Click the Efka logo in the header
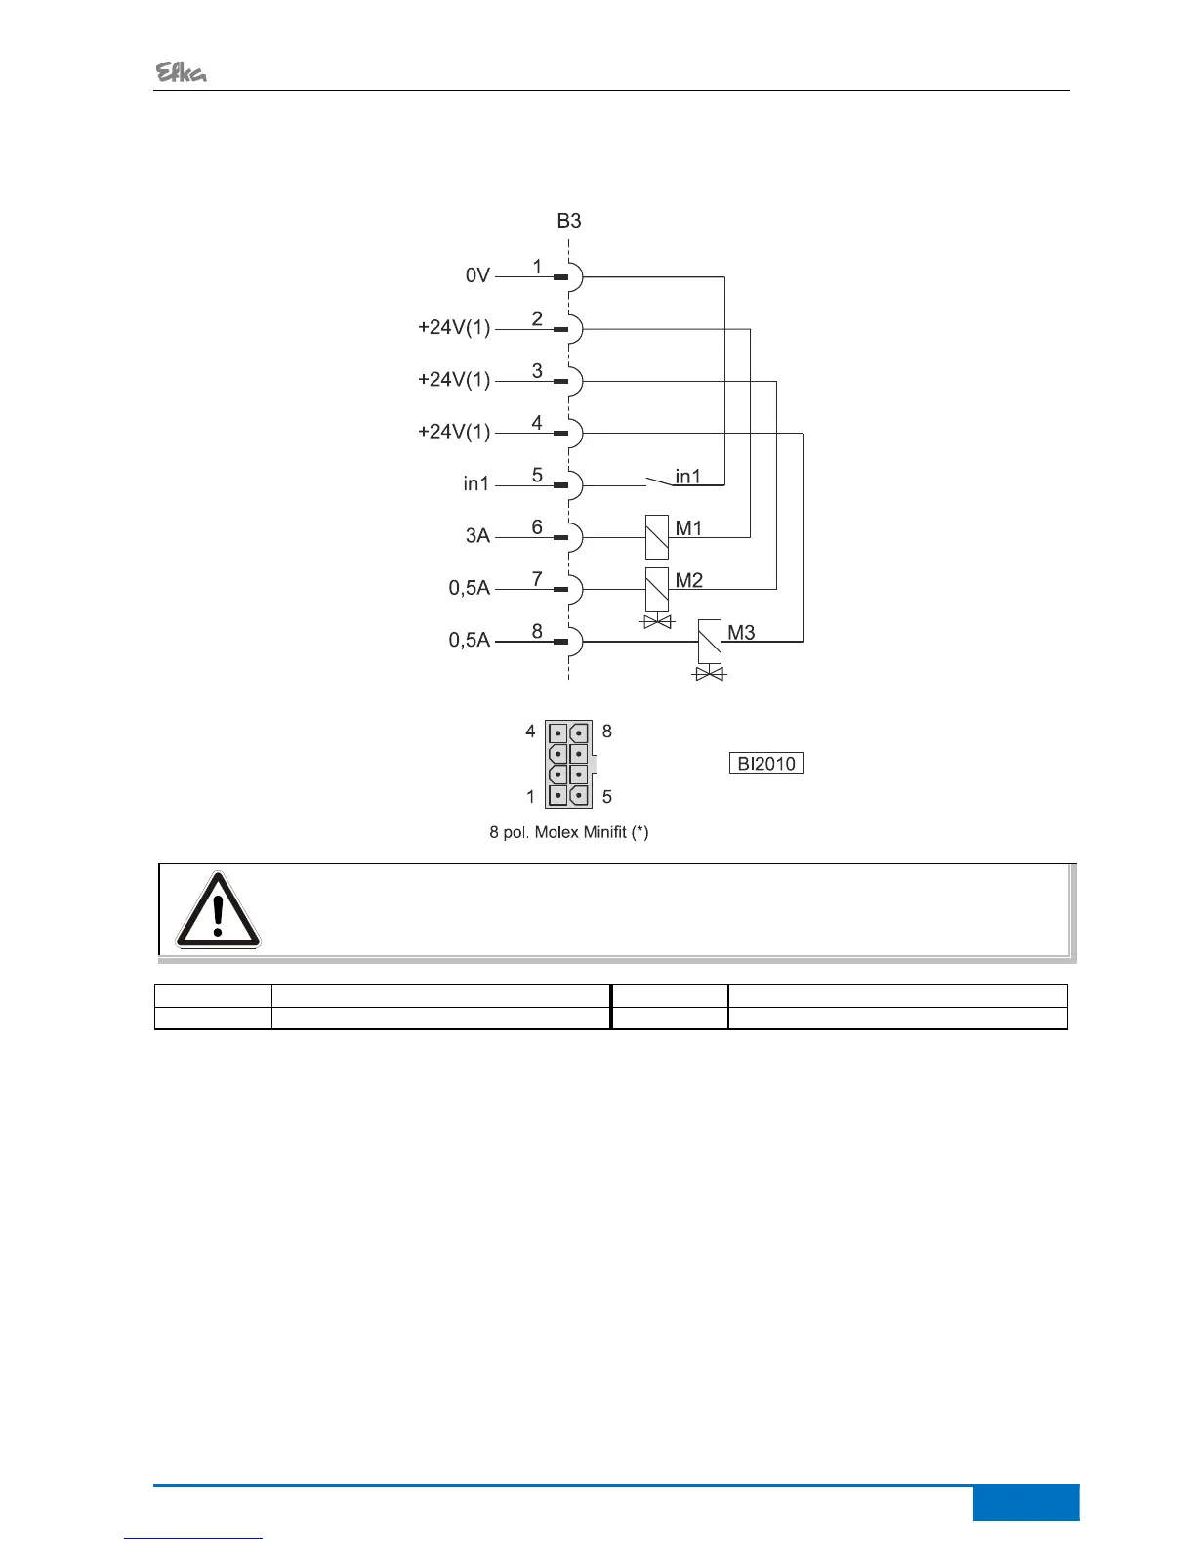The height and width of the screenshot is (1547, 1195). coord(182,72)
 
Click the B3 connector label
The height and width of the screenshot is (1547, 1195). coord(569,221)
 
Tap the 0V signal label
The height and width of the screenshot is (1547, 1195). coord(477,276)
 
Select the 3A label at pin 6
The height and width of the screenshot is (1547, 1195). coord(477,536)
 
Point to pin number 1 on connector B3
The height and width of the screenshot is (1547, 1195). coord(537,267)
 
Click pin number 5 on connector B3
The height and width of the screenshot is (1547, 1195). coord(537,475)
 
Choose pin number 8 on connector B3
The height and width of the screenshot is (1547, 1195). coord(537,631)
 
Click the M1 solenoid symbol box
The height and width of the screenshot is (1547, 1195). coord(657,536)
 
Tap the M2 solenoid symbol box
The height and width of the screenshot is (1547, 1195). coord(657,589)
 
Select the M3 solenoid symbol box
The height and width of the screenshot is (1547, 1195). coord(710,641)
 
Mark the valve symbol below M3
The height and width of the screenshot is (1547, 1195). coord(710,674)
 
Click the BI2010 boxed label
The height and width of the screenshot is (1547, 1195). coord(766,764)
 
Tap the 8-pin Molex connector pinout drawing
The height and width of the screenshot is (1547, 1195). coord(569,764)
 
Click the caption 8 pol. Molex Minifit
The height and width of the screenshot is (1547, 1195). coord(569,833)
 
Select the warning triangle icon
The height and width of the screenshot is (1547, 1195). coord(218,910)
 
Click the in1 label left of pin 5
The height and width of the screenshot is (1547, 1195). coord(476,484)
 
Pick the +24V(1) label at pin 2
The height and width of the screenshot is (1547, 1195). coord(454,328)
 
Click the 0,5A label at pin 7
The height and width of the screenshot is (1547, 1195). coord(470,588)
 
